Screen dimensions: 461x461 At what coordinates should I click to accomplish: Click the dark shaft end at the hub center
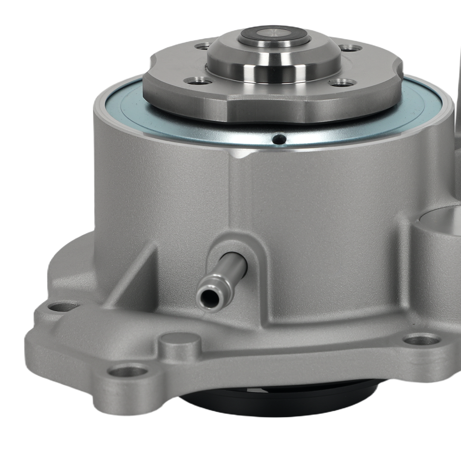tap(273, 34)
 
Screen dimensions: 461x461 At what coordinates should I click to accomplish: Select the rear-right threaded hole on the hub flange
tap(349, 48)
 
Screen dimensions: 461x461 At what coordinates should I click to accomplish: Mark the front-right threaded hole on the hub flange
tap(342, 83)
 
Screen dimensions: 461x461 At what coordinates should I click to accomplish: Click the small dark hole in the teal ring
tap(278, 138)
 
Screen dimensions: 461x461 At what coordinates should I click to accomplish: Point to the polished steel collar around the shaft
tap(273, 65)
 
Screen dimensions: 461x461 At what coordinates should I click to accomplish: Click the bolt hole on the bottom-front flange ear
tap(130, 370)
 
